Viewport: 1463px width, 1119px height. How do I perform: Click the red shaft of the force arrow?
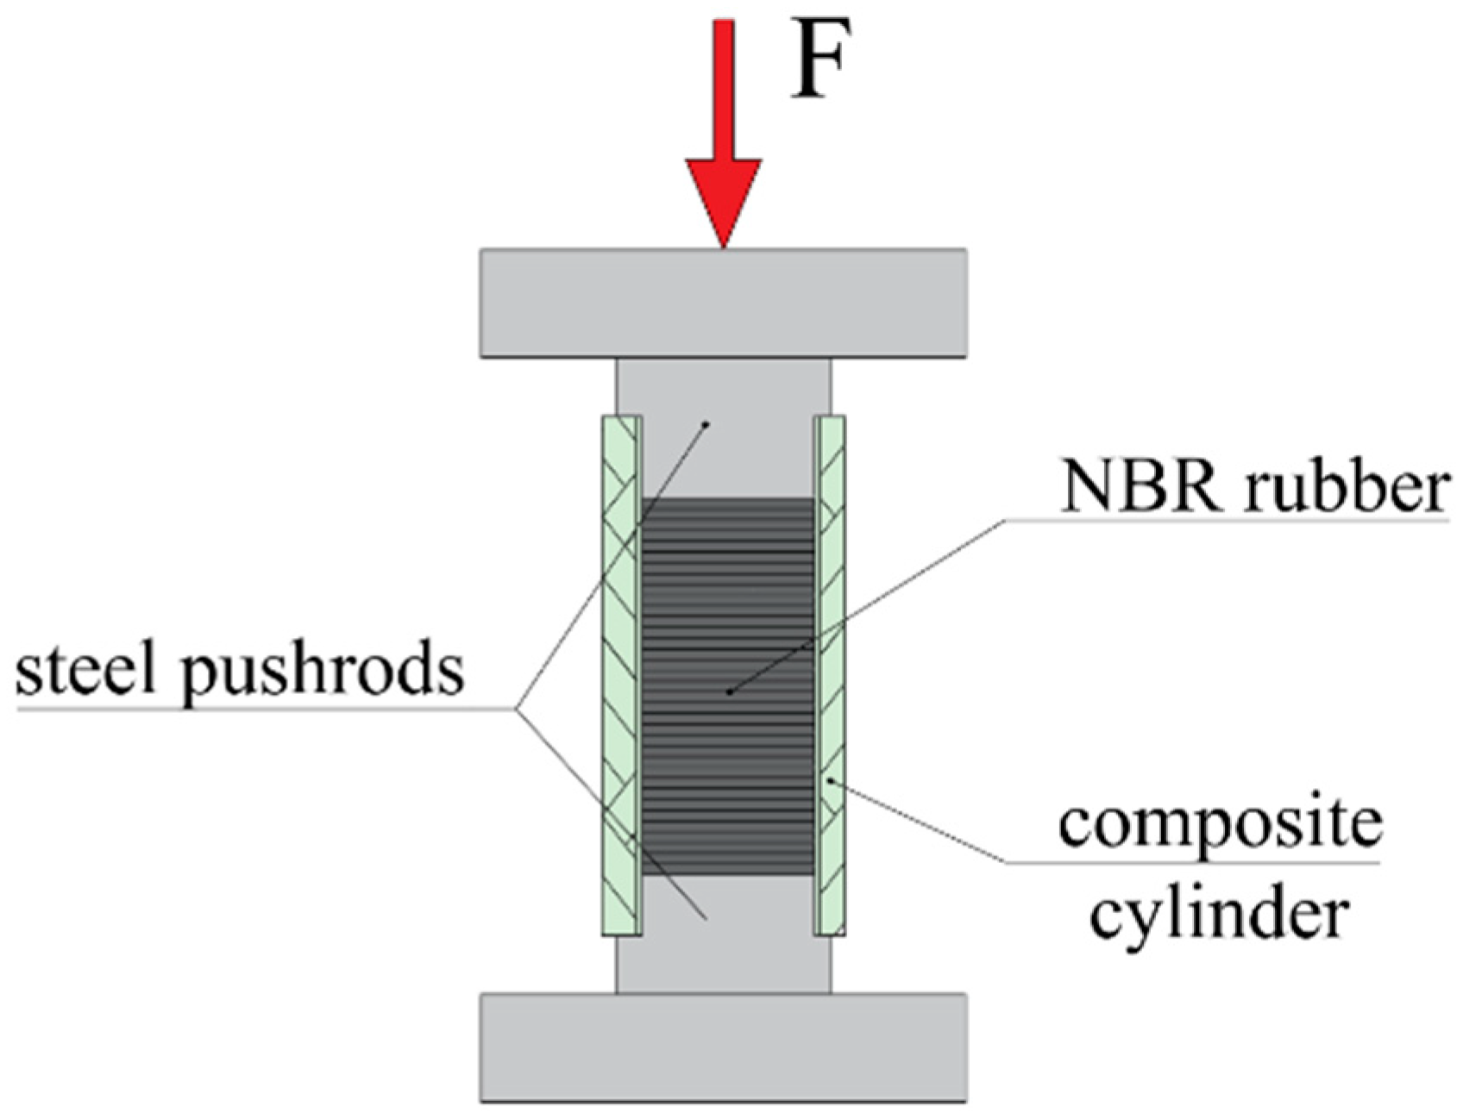(x=723, y=91)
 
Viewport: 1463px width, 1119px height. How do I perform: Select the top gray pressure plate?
(x=723, y=303)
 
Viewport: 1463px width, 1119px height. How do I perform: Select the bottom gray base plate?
(x=723, y=1047)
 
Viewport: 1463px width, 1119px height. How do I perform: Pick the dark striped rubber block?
(x=728, y=687)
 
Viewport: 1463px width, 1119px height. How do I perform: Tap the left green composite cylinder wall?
(x=621, y=675)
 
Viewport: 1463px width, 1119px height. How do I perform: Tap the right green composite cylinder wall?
(x=830, y=675)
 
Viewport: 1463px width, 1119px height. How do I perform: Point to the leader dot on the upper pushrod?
(x=706, y=423)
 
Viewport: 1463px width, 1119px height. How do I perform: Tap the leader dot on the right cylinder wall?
(x=830, y=781)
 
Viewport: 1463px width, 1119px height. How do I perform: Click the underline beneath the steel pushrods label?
(x=267, y=710)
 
